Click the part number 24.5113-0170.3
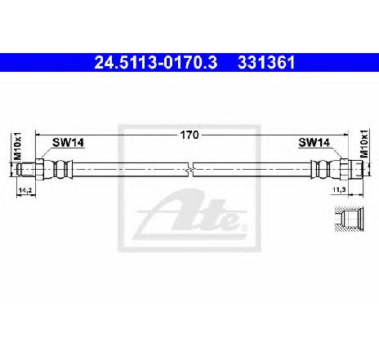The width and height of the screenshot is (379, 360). [156, 63]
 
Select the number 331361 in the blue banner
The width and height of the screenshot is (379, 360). [266, 63]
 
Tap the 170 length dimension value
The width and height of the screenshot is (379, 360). [189, 135]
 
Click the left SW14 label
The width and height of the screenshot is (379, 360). [68, 142]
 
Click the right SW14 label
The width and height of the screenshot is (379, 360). [314, 142]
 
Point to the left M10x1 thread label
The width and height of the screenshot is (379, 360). [17, 146]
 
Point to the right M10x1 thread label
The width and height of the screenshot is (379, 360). [363, 144]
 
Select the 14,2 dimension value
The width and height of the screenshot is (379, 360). [25, 190]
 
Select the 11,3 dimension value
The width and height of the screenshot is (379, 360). [339, 189]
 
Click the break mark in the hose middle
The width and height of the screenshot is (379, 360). [190, 170]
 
